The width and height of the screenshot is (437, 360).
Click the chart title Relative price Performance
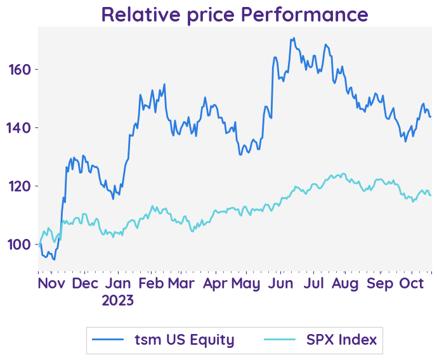(x=234, y=14)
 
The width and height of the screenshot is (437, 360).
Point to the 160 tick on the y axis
(x=21, y=69)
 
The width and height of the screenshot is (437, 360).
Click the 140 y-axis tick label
(x=21, y=127)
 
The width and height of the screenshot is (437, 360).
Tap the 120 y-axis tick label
(x=21, y=186)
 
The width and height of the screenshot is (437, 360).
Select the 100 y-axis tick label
(x=21, y=245)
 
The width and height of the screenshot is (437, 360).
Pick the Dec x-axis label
(x=85, y=284)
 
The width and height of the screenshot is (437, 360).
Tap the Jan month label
(x=118, y=284)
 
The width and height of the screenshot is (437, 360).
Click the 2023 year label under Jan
(x=118, y=300)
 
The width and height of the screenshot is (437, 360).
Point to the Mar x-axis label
(x=181, y=284)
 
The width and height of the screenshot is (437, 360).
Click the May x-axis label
(x=246, y=284)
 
